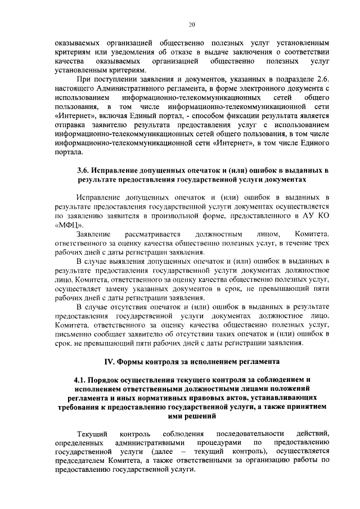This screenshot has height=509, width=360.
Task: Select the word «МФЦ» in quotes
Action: [x=70, y=223]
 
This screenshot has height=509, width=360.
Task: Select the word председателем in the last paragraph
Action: [x=84, y=460]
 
